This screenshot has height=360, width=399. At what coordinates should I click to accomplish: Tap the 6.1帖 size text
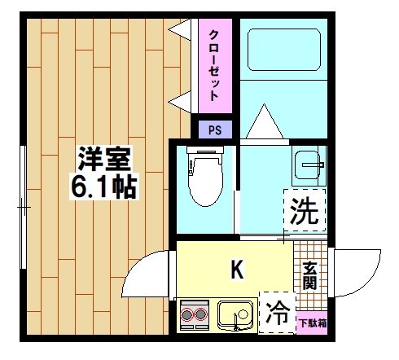103,186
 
